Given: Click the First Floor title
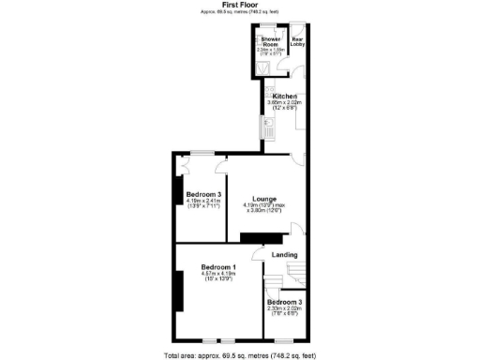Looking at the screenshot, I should click(x=239, y=5).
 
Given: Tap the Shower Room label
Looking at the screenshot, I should click(x=271, y=42).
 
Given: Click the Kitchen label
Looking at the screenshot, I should click(x=284, y=97).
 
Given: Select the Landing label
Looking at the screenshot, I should click(x=284, y=255).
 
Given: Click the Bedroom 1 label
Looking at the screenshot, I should click(x=218, y=268).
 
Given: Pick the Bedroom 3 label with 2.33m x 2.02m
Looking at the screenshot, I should click(x=285, y=302).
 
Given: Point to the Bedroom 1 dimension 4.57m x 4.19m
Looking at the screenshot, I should click(x=218, y=275).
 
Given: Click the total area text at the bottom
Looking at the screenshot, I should click(x=239, y=355).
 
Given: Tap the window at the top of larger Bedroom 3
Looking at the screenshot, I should click(x=202, y=153).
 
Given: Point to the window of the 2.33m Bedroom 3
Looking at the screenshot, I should click(x=284, y=338).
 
